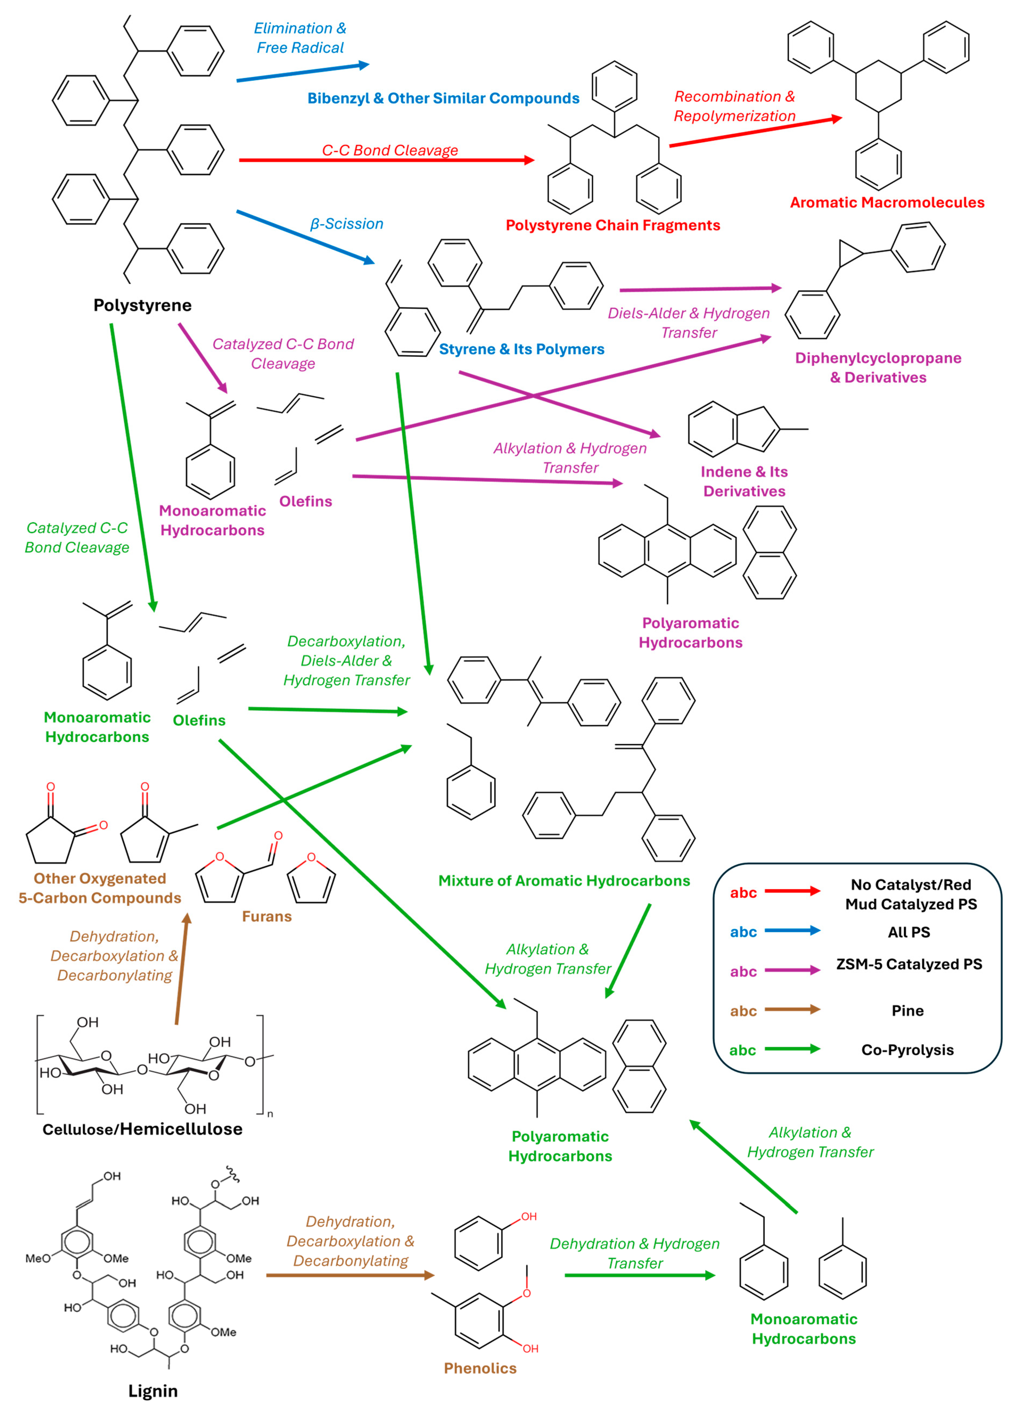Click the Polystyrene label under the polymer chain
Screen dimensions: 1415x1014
click(x=142, y=305)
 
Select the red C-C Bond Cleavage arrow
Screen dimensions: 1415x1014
click(x=387, y=160)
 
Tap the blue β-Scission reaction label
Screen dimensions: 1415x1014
click(x=347, y=224)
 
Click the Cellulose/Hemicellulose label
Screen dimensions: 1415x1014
click(x=142, y=1129)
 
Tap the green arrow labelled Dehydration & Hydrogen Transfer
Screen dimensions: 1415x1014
click(x=639, y=1275)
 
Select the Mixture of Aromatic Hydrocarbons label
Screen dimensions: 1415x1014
click(x=564, y=881)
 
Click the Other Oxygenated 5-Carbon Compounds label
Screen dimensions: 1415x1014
click(x=100, y=888)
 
